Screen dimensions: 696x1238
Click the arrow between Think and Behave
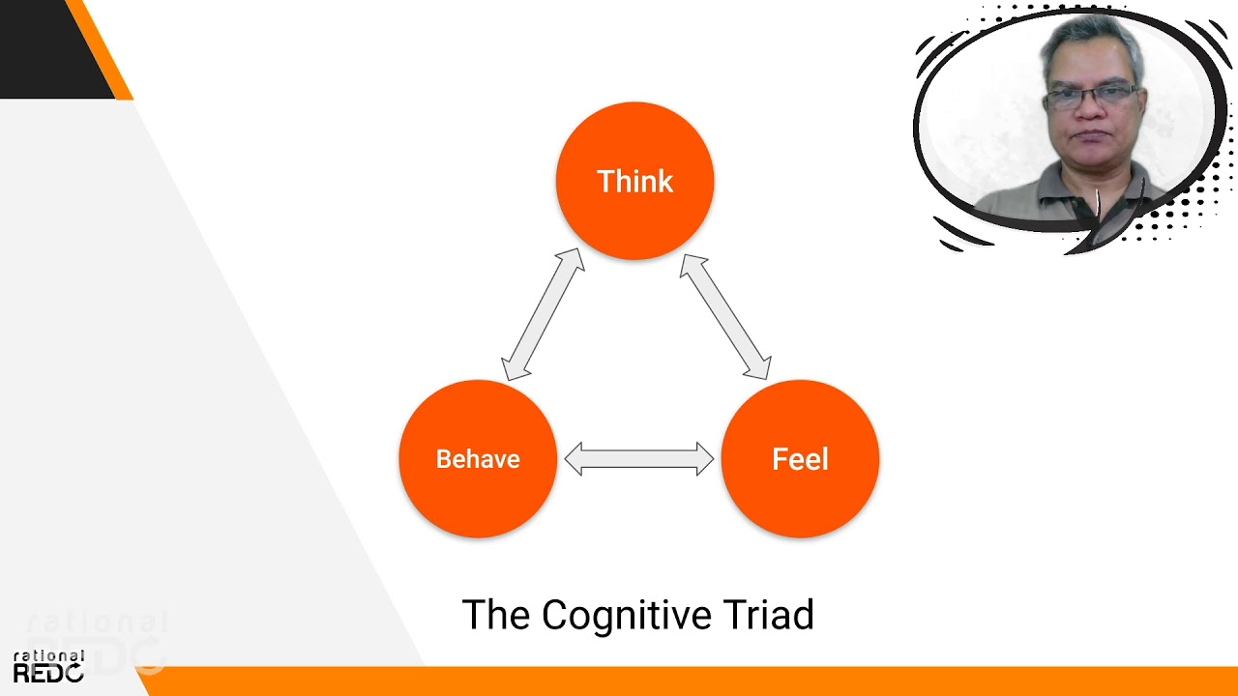(544, 314)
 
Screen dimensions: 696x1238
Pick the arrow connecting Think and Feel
(725, 316)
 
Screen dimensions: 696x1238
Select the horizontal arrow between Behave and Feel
(638, 458)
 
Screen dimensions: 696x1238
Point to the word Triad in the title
(773, 616)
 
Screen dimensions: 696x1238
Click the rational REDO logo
(48, 667)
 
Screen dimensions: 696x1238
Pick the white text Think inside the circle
(634, 182)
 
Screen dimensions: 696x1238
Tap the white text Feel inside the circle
(800, 459)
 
